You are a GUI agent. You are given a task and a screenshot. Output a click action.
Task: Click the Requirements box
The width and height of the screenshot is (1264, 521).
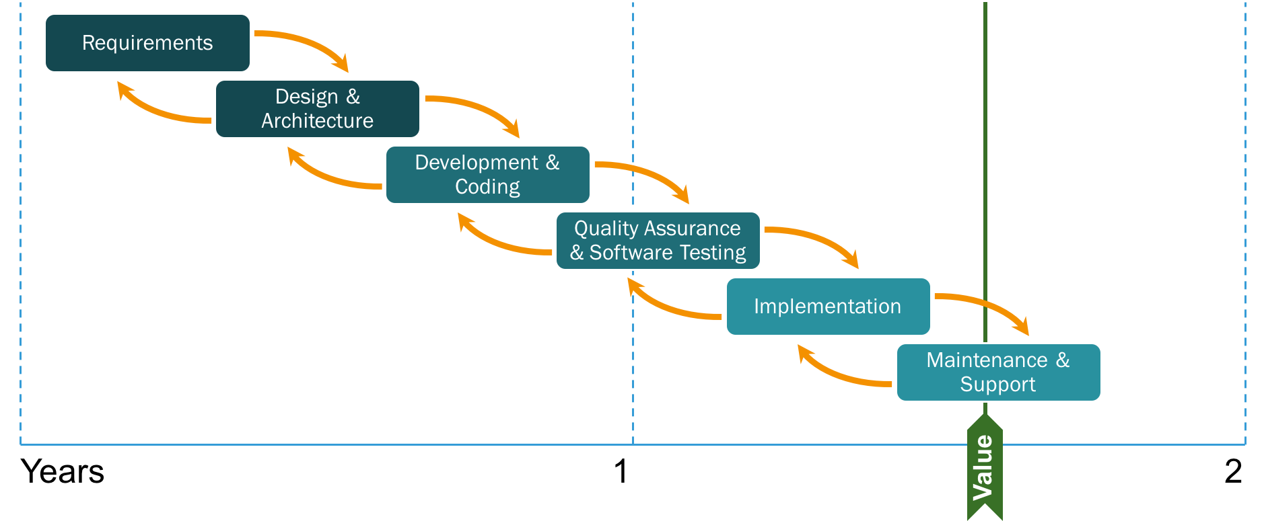[x=147, y=43]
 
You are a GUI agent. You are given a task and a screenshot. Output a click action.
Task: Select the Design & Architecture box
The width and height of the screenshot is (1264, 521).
[x=318, y=109]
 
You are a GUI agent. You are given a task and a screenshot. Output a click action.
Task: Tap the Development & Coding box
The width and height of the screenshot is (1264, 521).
[x=487, y=175]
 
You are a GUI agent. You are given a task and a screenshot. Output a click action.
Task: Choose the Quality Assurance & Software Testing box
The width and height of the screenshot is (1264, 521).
[x=658, y=241]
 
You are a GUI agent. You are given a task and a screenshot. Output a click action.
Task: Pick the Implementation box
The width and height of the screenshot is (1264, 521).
[x=828, y=307]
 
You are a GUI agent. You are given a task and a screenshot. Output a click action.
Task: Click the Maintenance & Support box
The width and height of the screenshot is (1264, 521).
[x=998, y=372]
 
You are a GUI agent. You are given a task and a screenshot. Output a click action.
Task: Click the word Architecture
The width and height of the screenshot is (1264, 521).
[x=318, y=121]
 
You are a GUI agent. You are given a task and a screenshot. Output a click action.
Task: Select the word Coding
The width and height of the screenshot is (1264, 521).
[x=487, y=187]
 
